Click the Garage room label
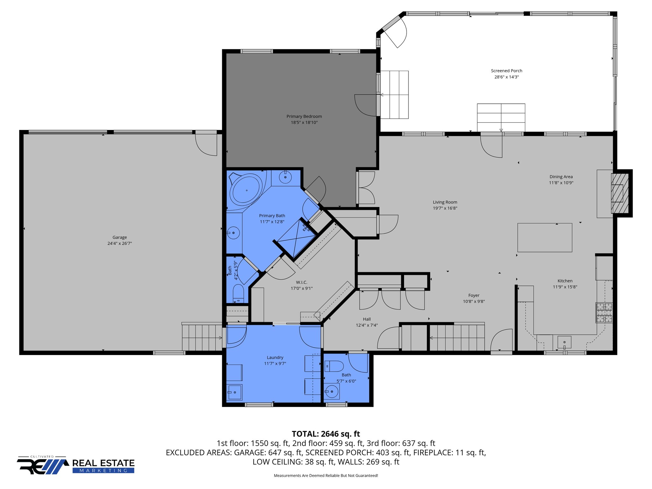(119, 237)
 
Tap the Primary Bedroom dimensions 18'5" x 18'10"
(304, 123)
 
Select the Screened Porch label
(507, 71)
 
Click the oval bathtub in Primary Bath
(247, 190)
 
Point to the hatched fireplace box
(620, 193)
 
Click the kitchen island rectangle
(545, 237)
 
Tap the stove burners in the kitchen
(604, 313)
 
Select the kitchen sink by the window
(564, 342)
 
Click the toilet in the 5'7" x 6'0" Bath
(334, 366)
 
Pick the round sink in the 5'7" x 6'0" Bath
(332, 391)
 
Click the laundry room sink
(234, 392)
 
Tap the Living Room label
(445, 202)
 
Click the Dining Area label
(561, 177)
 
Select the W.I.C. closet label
(301, 282)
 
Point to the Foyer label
(474, 295)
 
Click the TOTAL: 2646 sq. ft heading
(326, 434)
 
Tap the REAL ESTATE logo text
(103, 463)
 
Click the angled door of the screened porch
(395, 33)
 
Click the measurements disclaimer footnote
(326, 476)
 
